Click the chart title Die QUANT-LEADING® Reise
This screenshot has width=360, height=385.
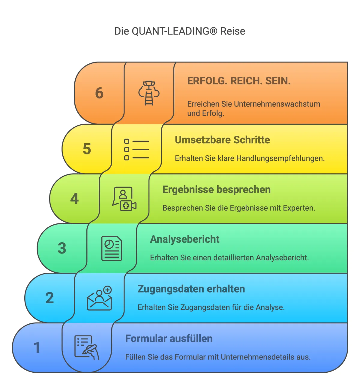coord(180,31)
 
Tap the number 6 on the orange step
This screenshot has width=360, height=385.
coord(99,93)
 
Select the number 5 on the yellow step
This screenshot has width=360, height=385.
coord(87,149)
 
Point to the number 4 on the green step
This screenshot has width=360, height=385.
coord(74,199)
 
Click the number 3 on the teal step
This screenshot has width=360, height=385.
coord(62,248)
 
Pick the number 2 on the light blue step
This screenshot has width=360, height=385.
coord(49,298)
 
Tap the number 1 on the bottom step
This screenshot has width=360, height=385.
coord(37,348)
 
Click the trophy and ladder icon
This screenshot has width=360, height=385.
coord(149,93)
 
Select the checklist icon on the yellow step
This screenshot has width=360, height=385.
coord(136,149)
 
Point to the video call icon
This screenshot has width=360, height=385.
coord(124,199)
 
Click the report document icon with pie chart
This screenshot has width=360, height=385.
coord(112,248)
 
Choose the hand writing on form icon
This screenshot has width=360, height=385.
coord(87,347)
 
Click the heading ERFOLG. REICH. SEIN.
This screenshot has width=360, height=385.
coord(239,81)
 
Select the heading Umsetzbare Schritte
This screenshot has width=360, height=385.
coord(222,140)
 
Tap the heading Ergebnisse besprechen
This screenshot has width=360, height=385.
coord(216,190)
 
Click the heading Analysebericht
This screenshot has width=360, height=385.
coord(185,239)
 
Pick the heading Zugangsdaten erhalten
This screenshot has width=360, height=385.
coord(191,289)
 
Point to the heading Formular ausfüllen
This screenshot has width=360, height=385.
coord(169,339)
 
